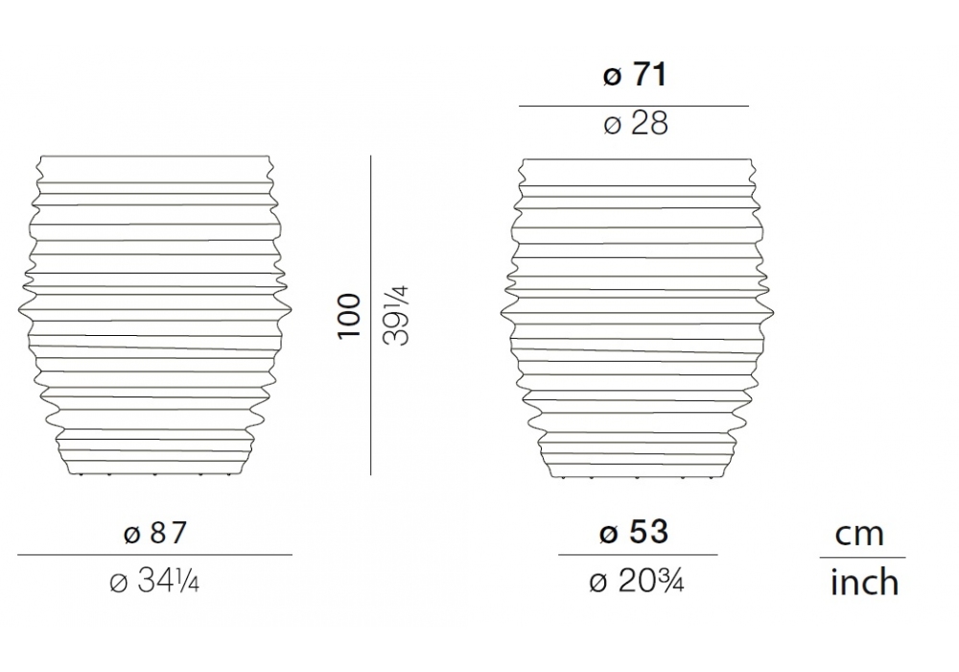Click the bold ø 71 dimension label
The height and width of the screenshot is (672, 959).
coord(634,75)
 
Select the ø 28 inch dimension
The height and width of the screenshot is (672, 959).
coord(636,124)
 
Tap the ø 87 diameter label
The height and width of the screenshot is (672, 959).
coord(154,533)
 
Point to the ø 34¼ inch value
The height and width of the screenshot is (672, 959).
coord(154,582)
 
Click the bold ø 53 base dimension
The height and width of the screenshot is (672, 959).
coord(634,532)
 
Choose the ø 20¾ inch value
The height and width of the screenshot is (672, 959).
coord(636,581)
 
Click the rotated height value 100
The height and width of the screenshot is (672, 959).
coord(349,316)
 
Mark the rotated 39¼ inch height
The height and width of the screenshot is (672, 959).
coord(396,316)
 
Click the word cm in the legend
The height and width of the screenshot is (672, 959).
coord(859,535)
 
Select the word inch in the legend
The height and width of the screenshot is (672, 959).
coord(864,582)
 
